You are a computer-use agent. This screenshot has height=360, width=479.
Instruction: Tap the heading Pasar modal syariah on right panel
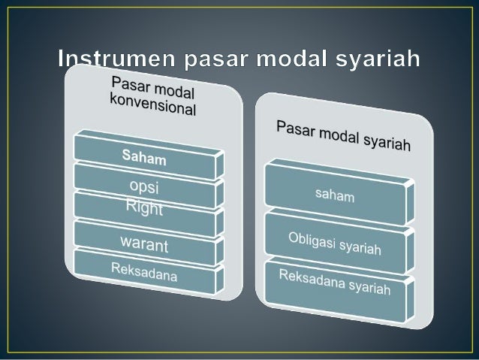tap(343, 136)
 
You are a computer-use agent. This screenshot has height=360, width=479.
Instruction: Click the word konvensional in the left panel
tap(154, 107)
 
